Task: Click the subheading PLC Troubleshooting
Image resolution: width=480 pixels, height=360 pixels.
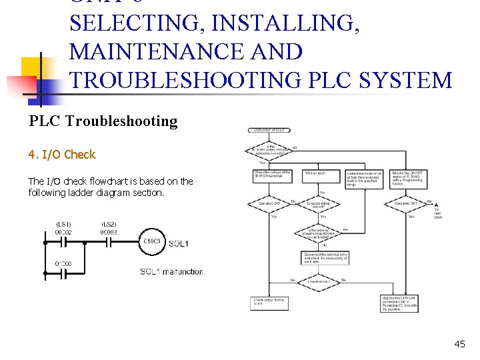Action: pos(103,121)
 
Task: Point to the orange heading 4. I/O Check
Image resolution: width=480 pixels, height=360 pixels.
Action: pos(62,155)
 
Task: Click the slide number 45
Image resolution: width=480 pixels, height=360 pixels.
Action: pos(459,344)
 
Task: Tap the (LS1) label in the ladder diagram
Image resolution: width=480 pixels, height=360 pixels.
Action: pos(63,223)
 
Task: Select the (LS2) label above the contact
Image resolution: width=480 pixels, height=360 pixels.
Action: pos(109,223)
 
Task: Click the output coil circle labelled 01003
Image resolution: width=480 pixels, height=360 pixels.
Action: pos(151,241)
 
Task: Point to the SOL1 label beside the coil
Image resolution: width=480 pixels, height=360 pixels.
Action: pos(178,244)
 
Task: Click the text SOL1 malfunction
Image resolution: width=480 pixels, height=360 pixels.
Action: pos(171,272)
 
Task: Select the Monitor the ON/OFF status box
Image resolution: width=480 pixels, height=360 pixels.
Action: pos(408,177)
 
